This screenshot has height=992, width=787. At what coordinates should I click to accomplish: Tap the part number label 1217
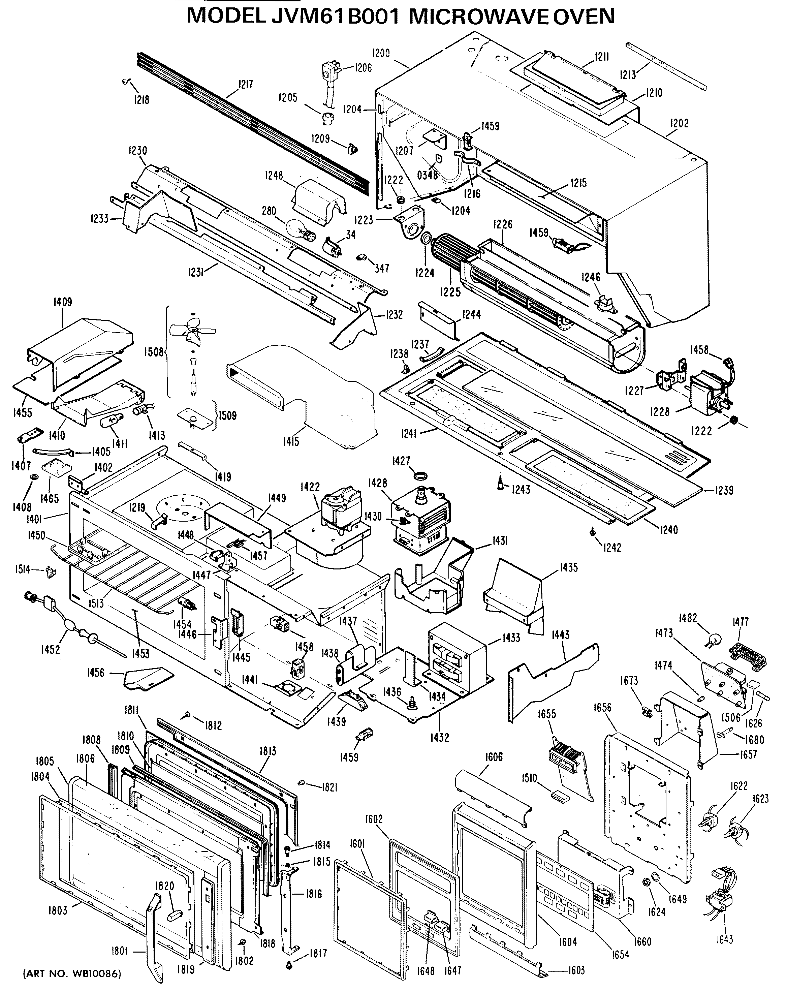[x=246, y=85]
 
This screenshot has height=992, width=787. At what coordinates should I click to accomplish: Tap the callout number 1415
[x=291, y=442]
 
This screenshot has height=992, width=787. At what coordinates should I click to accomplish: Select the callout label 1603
[x=576, y=970]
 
